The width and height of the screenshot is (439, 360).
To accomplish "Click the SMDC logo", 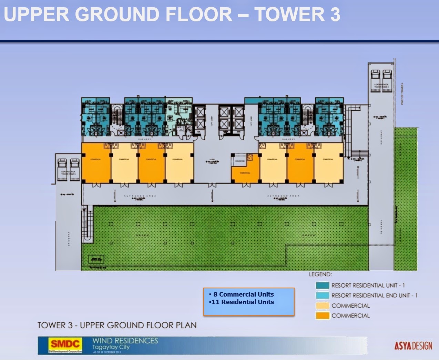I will (x=65, y=344).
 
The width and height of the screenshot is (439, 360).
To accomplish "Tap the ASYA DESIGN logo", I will (x=413, y=346).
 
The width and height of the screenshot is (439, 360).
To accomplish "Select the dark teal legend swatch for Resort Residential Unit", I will (x=323, y=286).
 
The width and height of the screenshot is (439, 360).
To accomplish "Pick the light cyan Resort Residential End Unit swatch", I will (x=323, y=296).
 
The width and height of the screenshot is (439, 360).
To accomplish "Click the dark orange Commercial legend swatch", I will (x=323, y=316).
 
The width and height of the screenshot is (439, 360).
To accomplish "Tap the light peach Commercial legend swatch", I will (x=323, y=306).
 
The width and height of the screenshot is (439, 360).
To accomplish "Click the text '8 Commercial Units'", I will (x=243, y=294).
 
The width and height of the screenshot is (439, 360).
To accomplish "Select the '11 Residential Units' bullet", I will (x=243, y=302).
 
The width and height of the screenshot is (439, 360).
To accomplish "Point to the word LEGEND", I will (x=320, y=274).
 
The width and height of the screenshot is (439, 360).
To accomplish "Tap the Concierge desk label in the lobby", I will (x=240, y=161).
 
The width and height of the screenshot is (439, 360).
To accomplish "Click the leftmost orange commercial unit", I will (x=96, y=163).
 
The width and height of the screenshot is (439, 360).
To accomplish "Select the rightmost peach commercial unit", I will (x=328, y=163).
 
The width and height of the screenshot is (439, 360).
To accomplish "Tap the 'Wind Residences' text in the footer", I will (x=125, y=341).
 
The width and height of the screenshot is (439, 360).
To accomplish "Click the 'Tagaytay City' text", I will (x=111, y=347).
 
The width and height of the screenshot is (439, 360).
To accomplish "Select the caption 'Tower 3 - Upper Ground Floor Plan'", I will (x=117, y=325).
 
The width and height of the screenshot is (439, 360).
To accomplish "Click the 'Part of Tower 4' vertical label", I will (x=402, y=93).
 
